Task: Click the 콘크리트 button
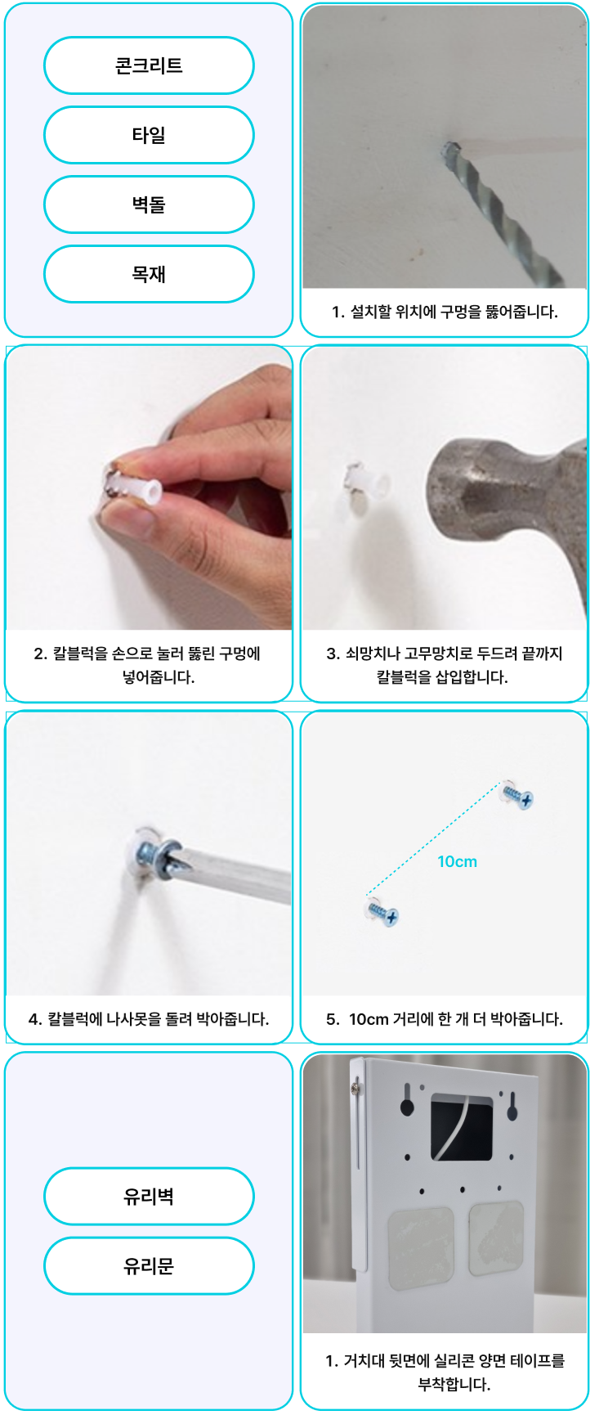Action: pyautogui.click(x=149, y=65)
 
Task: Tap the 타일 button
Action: pyautogui.click(x=149, y=135)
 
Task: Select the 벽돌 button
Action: pyautogui.click(x=149, y=204)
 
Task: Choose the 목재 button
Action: pyautogui.click(x=149, y=274)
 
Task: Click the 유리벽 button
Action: pyautogui.click(x=149, y=1197)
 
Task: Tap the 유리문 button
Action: pyautogui.click(x=149, y=1266)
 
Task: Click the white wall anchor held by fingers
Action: pyautogui.click(x=135, y=488)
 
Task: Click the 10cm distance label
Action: pyautogui.click(x=457, y=861)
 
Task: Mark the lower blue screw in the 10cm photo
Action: pyautogui.click(x=382, y=912)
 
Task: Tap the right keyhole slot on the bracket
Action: pyautogui.click(x=512, y=1105)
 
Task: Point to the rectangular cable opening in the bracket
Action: pyautogui.click(x=462, y=1127)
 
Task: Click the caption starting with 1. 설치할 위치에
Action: pyautogui.click(x=445, y=312)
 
